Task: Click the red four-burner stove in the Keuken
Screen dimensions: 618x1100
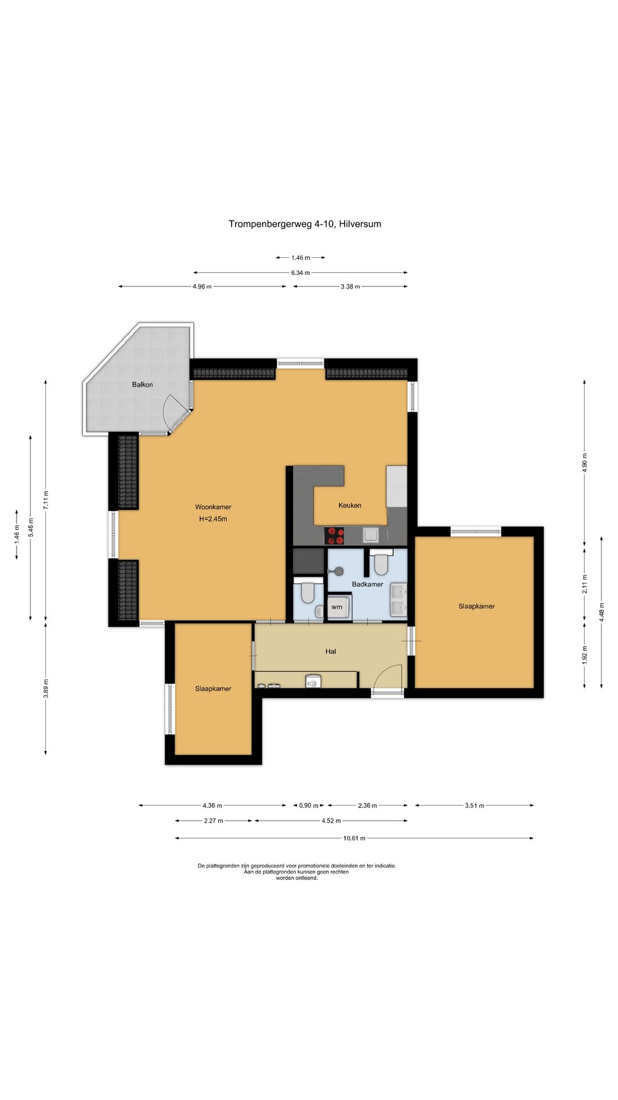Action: tap(335, 536)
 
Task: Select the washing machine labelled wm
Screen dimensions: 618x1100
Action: tap(338, 607)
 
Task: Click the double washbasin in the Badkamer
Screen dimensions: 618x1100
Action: tap(398, 599)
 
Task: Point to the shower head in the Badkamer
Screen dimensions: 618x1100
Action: tap(338, 571)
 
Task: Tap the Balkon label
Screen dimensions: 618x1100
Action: tap(142, 384)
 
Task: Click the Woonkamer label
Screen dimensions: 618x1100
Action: tap(213, 507)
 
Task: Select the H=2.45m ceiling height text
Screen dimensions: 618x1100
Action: tap(213, 519)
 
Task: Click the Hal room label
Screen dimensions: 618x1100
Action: tap(331, 651)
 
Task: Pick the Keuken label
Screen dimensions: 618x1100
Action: tap(350, 505)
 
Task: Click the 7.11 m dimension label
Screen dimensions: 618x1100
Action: tap(46, 501)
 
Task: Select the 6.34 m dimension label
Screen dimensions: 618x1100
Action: tap(300, 273)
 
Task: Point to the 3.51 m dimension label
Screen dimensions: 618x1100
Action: tap(474, 806)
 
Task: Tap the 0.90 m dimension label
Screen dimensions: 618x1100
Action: tap(308, 806)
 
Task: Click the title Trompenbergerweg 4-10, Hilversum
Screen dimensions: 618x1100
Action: tap(305, 224)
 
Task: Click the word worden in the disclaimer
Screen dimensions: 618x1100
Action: tap(286, 878)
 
